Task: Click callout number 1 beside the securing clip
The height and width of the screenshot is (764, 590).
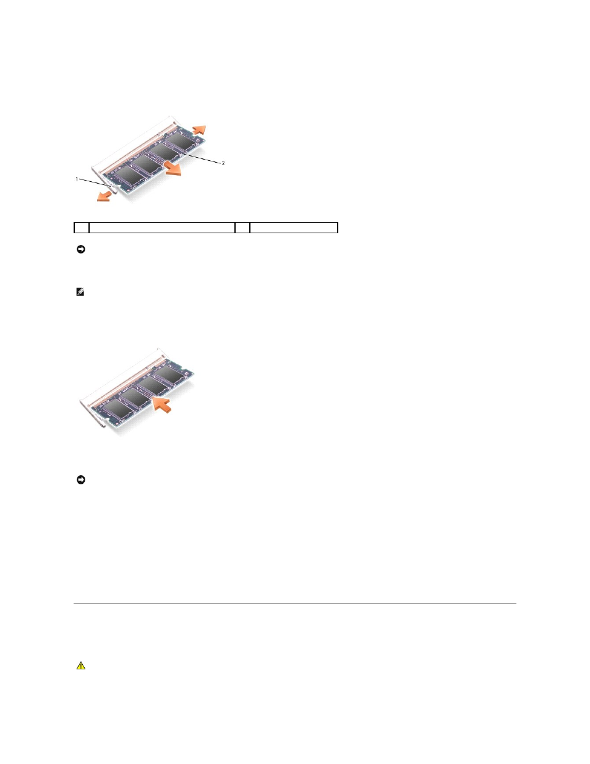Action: [77, 179]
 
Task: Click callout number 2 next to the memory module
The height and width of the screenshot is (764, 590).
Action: [223, 163]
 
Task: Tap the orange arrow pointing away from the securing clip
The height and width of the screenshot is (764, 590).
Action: [104, 197]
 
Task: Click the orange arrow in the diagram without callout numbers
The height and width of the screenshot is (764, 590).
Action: [162, 405]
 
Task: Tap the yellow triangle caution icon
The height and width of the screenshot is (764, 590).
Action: [81, 666]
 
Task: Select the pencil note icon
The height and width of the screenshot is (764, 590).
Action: [80, 292]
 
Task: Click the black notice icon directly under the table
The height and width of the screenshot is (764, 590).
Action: [81, 249]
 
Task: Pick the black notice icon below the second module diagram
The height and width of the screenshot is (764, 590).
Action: [81, 479]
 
